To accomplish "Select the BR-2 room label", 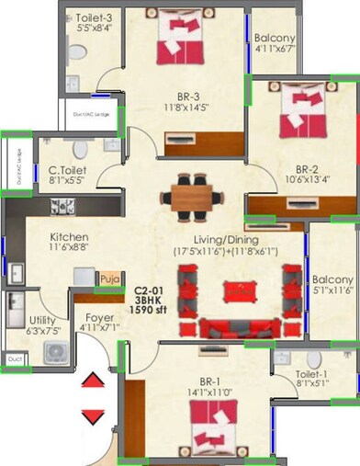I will point(308,168).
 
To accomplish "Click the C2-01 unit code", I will point(147,289).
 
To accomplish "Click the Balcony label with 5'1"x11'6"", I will point(332,279).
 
